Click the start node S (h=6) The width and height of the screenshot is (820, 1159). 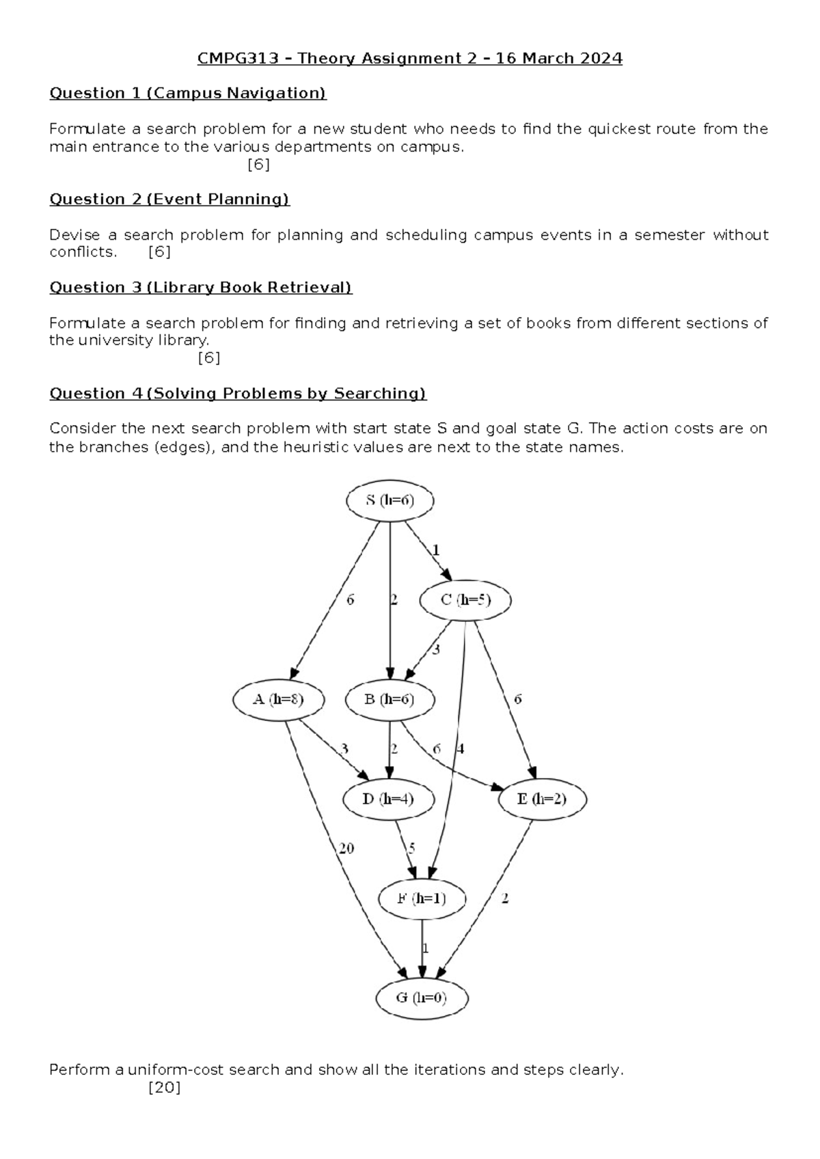coord(389,500)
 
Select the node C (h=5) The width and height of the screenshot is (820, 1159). coord(465,600)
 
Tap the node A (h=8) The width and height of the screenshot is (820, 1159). coord(278,699)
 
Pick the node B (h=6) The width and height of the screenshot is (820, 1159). coord(389,699)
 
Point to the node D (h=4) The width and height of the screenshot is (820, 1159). coord(388,799)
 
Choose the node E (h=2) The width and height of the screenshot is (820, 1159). coord(542,799)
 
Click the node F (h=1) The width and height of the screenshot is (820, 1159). coord(422,898)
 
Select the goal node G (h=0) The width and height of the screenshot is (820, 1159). coord(422,998)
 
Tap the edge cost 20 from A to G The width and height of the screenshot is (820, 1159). coord(346,848)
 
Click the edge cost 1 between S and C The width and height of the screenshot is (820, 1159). coord(436,550)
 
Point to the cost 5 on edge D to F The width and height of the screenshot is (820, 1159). coord(411,848)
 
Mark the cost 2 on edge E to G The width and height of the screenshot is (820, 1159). coord(505,898)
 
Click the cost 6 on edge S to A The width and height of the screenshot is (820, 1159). coord(351,600)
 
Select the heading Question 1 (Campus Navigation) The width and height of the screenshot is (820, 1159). coord(188,93)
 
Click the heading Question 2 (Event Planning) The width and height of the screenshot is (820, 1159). coord(169,199)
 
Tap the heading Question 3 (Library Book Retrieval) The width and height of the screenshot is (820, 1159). coord(200,287)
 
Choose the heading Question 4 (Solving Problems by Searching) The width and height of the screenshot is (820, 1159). coord(238,393)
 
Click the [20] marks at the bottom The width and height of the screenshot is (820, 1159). coord(165,1088)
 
